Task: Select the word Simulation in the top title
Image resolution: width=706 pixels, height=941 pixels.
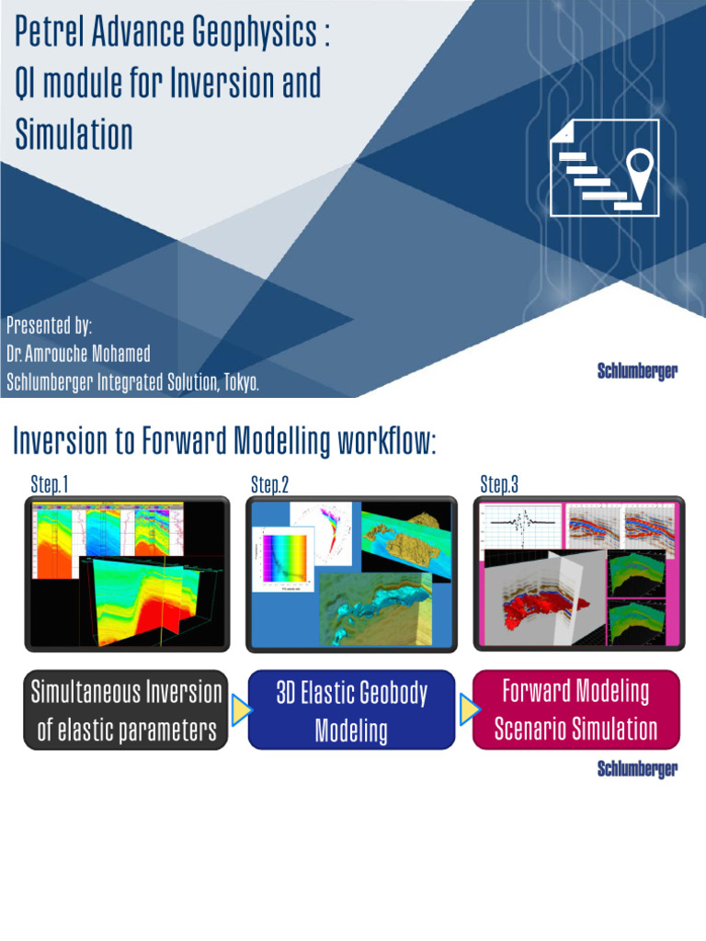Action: [74, 134]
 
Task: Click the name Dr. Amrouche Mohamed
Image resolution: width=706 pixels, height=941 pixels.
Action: [77, 354]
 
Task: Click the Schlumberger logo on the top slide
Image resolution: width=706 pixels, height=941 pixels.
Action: [637, 371]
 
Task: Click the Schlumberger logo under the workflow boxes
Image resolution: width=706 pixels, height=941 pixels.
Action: [637, 769]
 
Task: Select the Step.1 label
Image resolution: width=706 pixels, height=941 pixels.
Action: [50, 484]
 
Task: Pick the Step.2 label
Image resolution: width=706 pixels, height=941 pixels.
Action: [270, 484]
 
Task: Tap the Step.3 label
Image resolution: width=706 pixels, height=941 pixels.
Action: [499, 484]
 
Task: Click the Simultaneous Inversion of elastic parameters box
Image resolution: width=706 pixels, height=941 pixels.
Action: [127, 710]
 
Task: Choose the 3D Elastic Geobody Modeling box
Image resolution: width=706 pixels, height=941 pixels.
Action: [351, 711]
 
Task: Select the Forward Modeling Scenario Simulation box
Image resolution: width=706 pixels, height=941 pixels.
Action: [575, 709]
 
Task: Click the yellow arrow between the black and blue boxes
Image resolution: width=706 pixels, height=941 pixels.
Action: [240, 710]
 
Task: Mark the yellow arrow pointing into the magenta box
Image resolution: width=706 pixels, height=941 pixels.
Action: [466, 709]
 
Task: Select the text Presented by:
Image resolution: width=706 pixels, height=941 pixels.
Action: [49, 325]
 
